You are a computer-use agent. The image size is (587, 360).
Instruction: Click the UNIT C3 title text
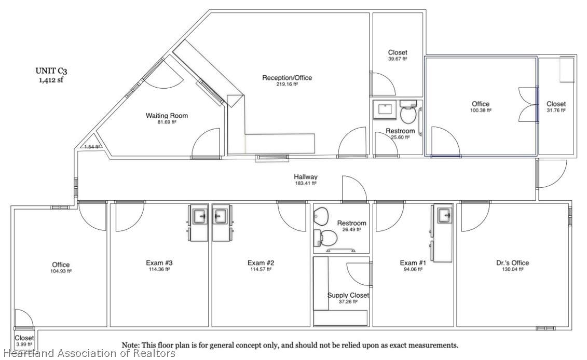click(51, 71)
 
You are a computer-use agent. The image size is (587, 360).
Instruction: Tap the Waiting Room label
click(167, 116)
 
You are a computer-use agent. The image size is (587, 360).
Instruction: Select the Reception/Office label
click(287, 78)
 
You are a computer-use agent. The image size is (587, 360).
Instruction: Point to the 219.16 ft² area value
click(287, 85)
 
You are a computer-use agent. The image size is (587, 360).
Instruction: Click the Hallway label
click(306, 177)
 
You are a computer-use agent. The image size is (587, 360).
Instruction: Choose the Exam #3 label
click(159, 262)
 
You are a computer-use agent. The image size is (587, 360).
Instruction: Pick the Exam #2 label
click(261, 262)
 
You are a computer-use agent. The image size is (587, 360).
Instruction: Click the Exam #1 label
click(413, 262)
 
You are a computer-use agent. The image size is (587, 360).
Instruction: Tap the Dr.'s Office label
click(512, 262)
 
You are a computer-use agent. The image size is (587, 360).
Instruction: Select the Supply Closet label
click(348, 295)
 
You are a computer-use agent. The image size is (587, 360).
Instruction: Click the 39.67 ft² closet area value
click(398, 59)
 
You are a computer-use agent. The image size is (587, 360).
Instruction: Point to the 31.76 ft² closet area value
click(556, 110)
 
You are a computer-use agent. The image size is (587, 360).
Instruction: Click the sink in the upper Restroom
click(385, 109)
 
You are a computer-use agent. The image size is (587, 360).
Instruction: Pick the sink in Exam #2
click(221, 216)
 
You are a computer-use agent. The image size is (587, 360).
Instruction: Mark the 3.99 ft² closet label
click(24, 341)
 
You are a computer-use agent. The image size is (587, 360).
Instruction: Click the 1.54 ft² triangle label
click(91, 147)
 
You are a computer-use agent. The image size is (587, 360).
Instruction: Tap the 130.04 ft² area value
click(512, 269)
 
